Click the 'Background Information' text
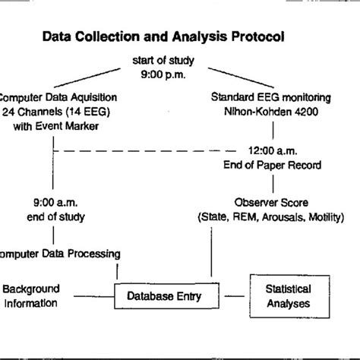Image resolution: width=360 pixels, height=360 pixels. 30,297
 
